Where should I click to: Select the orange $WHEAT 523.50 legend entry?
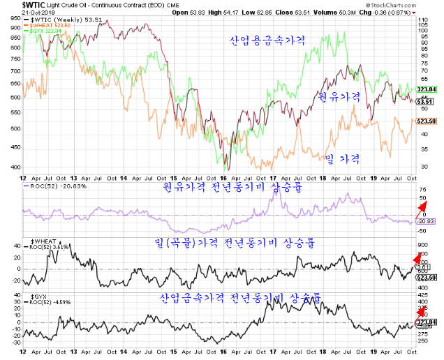point(47,26)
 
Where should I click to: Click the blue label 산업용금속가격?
point(268,40)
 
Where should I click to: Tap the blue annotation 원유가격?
point(339,97)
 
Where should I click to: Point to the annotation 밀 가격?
point(342,160)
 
